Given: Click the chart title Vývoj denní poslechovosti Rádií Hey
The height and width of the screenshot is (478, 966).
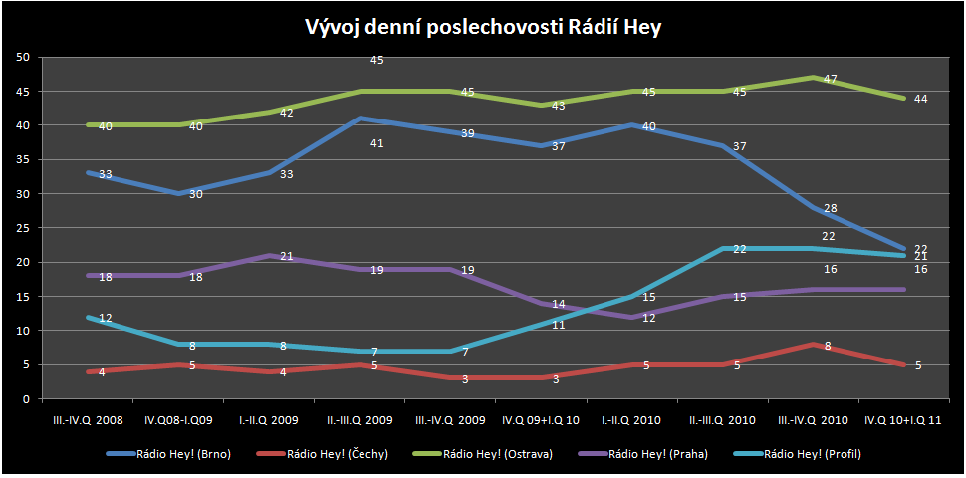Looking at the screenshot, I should coord(483,28).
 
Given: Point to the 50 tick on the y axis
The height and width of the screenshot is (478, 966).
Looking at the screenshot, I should coord(22,57).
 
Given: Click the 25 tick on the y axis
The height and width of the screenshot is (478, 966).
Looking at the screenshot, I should coord(22,228).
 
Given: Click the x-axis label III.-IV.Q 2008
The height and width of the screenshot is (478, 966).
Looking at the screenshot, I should coord(90,419).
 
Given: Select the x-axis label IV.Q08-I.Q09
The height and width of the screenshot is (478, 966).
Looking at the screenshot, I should coord(180,419).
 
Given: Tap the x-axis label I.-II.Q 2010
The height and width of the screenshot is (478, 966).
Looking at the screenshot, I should coord(632,419).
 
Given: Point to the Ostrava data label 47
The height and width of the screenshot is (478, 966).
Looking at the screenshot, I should coord(831,78).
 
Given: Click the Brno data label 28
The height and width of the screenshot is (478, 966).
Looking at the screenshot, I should coord(831,208).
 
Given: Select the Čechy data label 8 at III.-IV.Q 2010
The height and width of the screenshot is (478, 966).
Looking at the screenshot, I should coord(828,346).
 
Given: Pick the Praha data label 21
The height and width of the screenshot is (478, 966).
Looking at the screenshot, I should coord(286,256).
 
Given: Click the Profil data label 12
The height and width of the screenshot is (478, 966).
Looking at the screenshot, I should coord(106,318).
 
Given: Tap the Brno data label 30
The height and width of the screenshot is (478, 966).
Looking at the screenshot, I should coord(196,194).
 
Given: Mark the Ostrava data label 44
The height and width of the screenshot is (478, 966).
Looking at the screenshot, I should coord(921,99).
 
